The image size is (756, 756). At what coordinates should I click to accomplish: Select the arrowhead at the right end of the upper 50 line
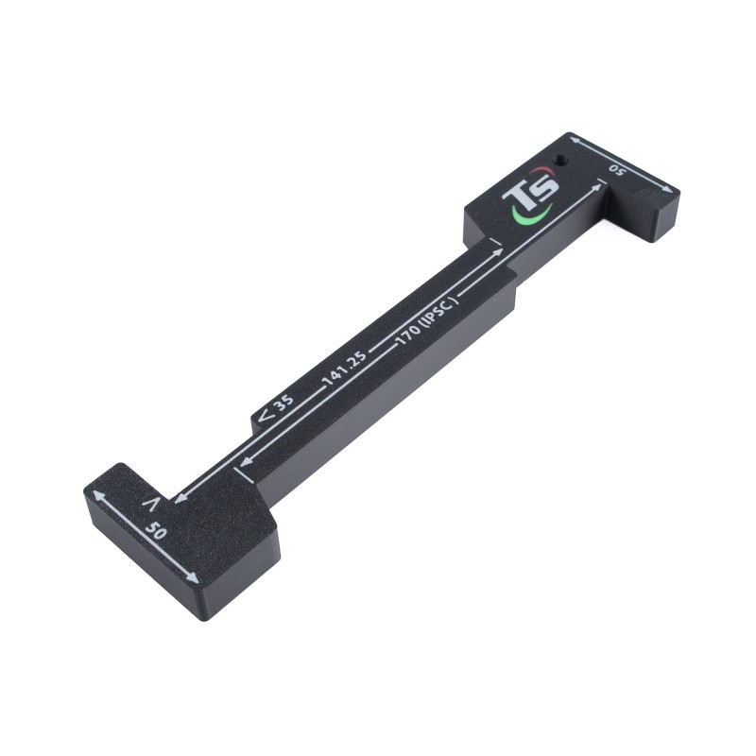[x=654, y=184]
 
